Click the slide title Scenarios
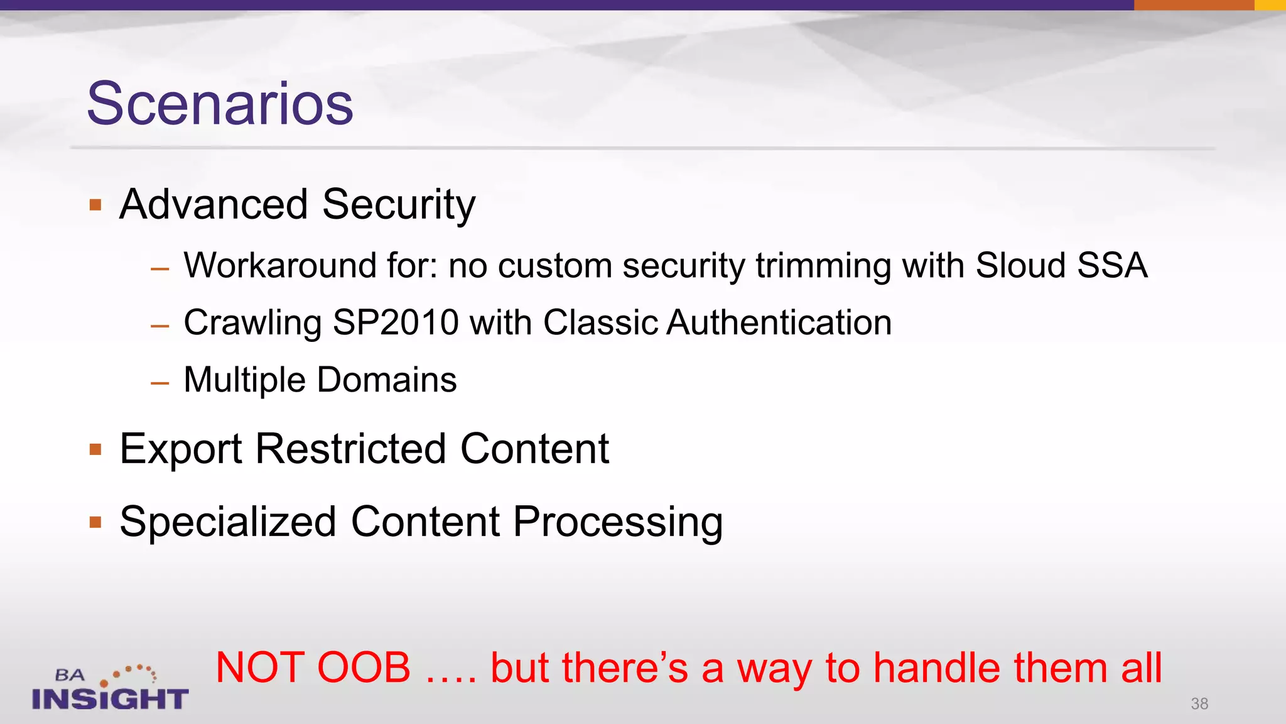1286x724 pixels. pyautogui.click(x=220, y=104)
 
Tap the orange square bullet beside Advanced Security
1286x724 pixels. pyautogui.click(x=95, y=205)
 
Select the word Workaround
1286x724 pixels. pyautogui.click(x=279, y=265)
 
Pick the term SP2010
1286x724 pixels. pyautogui.click(x=396, y=323)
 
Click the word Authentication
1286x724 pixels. pyautogui.click(x=779, y=323)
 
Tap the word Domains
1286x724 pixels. pyautogui.click(x=387, y=380)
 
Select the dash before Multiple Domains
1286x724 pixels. pyautogui.click(x=160, y=382)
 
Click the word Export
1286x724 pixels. pyautogui.click(x=181, y=449)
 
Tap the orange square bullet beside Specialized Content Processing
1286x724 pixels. pyautogui.click(x=95, y=522)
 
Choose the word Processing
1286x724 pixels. pyautogui.click(x=618, y=522)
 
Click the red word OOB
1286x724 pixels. pyautogui.click(x=364, y=667)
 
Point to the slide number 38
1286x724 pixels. pyautogui.click(x=1199, y=704)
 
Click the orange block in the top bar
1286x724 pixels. pyautogui.click(x=1193, y=5)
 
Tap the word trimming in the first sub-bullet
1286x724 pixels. pyautogui.click(x=823, y=265)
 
